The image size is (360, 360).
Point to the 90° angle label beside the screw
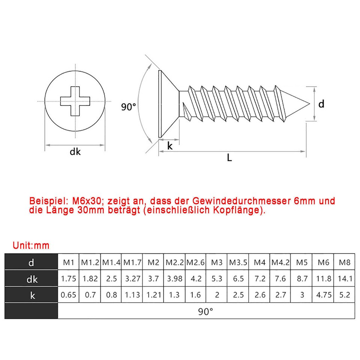click(129, 107)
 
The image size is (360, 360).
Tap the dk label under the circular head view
click(75, 152)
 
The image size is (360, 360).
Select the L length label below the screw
click(229, 158)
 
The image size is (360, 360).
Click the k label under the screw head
click(170, 146)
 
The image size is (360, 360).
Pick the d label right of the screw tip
click(321, 104)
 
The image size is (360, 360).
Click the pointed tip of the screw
click(308, 104)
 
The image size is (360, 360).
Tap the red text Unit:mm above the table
click(31, 246)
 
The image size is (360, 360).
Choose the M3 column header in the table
click(217, 262)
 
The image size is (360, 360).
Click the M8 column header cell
click(344, 262)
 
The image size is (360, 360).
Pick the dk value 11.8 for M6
click(324, 279)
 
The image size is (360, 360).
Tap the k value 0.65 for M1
click(69, 295)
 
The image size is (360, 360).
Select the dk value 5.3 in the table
click(217, 279)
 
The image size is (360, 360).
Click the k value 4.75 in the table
click(324, 295)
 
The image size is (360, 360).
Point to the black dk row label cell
click(31, 279)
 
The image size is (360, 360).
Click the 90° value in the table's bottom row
click(206, 311)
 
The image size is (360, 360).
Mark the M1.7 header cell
click(132, 262)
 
